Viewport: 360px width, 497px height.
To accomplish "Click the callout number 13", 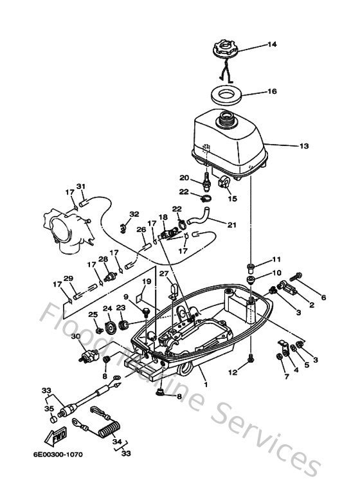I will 304,146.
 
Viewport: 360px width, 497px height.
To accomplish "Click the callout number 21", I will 231,224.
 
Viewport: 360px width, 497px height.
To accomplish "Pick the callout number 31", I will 80,186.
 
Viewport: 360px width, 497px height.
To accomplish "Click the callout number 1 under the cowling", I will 205,385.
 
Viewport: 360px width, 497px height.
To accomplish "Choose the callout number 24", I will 107,309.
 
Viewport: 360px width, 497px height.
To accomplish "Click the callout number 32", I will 134,214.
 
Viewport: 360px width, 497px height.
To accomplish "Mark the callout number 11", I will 276,259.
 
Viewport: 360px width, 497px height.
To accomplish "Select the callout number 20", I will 183,178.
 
